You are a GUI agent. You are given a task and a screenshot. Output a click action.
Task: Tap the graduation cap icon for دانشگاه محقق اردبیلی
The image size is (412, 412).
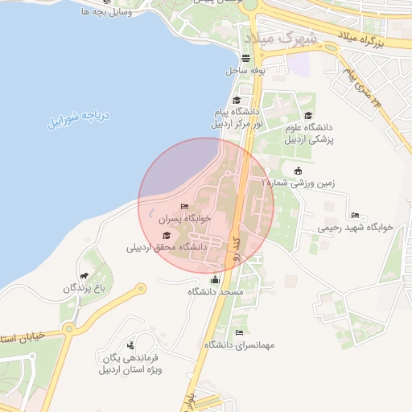pyautogui.click(x=167, y=235)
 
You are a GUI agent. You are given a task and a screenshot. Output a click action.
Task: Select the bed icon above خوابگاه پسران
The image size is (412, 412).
pyautogui.click(x=185, y=207)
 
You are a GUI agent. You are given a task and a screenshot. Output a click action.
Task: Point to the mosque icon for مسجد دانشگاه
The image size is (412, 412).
pyautogui.click(x=214, y=280)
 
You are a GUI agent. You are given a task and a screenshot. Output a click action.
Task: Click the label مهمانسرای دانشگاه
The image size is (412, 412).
pyautogui.click(x=239, y=344)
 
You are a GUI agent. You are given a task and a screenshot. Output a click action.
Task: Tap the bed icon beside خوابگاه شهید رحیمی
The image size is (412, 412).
pyautogui.click(x=355, y=216)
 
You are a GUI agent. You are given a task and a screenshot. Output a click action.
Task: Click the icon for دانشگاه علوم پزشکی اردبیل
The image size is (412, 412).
pyautogui.click(x=308, y=117)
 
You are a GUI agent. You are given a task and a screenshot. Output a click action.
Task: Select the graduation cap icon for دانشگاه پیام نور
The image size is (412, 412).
pyautogui.click(x=237, y=101)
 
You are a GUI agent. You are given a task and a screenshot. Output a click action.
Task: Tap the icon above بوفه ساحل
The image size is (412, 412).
pyautogui.click(x=245, y=59)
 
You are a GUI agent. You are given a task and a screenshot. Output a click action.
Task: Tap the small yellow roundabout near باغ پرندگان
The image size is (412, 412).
pyautogui.click(x=142, y=288)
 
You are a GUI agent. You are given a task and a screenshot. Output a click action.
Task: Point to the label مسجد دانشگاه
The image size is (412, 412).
pyautogui.click(x=215, y=291)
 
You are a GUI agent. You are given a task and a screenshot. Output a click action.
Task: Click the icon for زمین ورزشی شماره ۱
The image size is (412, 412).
pyautogui.click(x=299, y=171)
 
